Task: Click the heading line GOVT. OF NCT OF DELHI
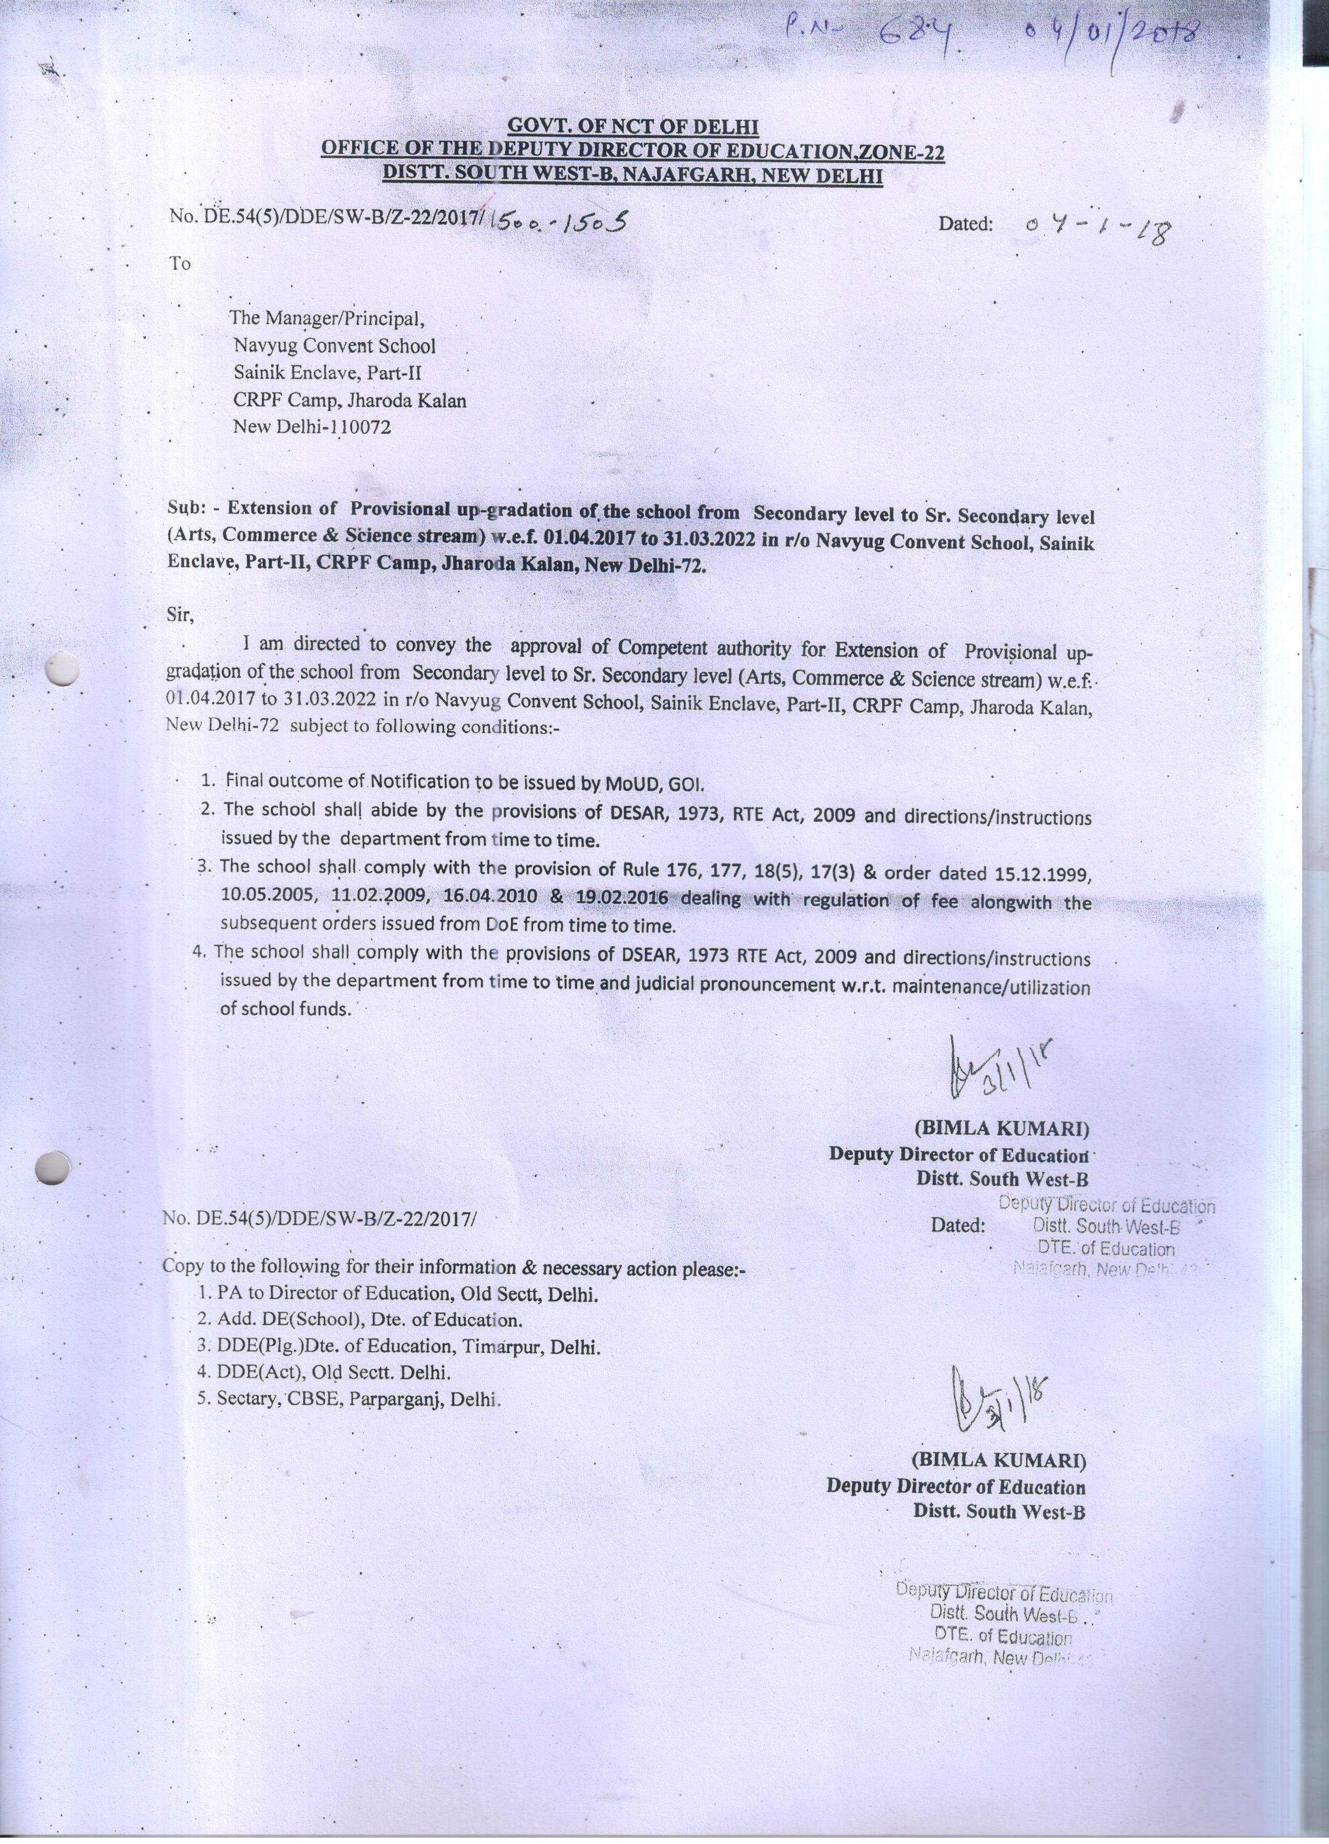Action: click(632, 127)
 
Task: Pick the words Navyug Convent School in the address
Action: click(334, 345)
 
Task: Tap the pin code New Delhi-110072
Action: click(312, 426)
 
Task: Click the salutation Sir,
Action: click(180, 615)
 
